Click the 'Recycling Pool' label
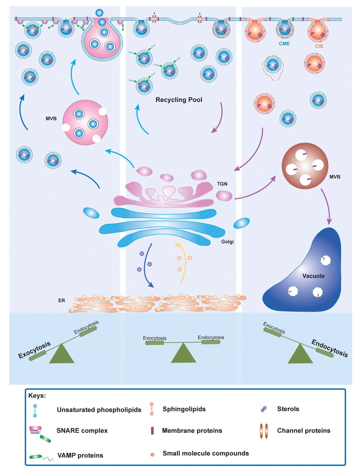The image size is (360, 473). click(179, 100)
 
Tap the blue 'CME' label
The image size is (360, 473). click(284, 43)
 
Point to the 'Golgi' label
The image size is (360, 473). click(227, 242)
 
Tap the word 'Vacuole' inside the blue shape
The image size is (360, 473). click(313, 276)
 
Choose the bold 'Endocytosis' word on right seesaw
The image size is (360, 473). click(330, 348)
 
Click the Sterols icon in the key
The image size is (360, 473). click(263, 409)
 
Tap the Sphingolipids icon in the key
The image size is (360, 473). click(152, 409)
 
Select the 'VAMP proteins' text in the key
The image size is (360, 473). click(80, 455)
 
